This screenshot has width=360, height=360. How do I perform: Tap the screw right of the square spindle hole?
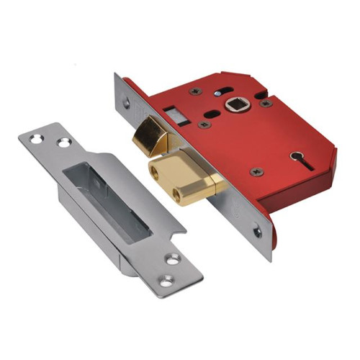pyautogui.click(x=266, y=103)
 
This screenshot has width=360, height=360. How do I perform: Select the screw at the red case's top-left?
pyautogui.click(x=196, y=91)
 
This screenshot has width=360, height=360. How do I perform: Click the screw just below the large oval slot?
pyautogui.click(x=204, y=125)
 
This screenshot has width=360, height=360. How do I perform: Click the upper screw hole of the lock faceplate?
pyautogui.click(x=127, y=103)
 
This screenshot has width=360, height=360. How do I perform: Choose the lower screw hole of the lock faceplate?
pyautogui.click(x=257, y=233)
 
